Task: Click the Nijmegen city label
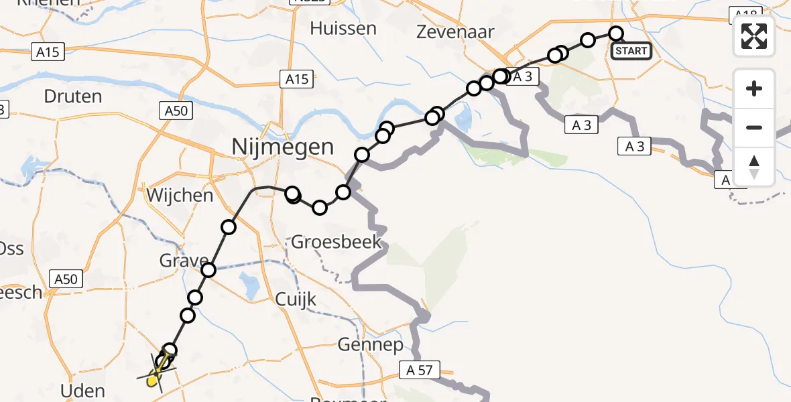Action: pyautogui.click(x=282, y=146)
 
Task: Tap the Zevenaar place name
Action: pyautogui.click(x=455, y=32)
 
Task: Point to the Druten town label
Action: pyautogui.click(x=73, y=96)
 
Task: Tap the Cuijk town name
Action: pyautogui.click(x=296, y=299)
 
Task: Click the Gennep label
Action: pyautogui.click(x=371, y=346)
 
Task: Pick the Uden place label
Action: pyautogui.click(x=82, y=391)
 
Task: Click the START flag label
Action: pyautogui.click(x=631, y=51)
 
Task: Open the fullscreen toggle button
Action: pyautogui.click(x=754, y=36)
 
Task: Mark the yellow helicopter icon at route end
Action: pyautogui.click(x=156, y=377)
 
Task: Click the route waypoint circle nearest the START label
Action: pyautogui.click(x=615, y=33)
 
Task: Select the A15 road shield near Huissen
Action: pyautogui.click(x=296, y=80)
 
